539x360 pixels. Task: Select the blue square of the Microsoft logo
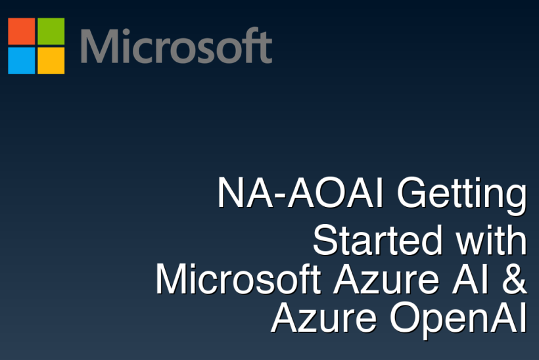(21, 60)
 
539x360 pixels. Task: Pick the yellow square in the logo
(51, 60)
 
